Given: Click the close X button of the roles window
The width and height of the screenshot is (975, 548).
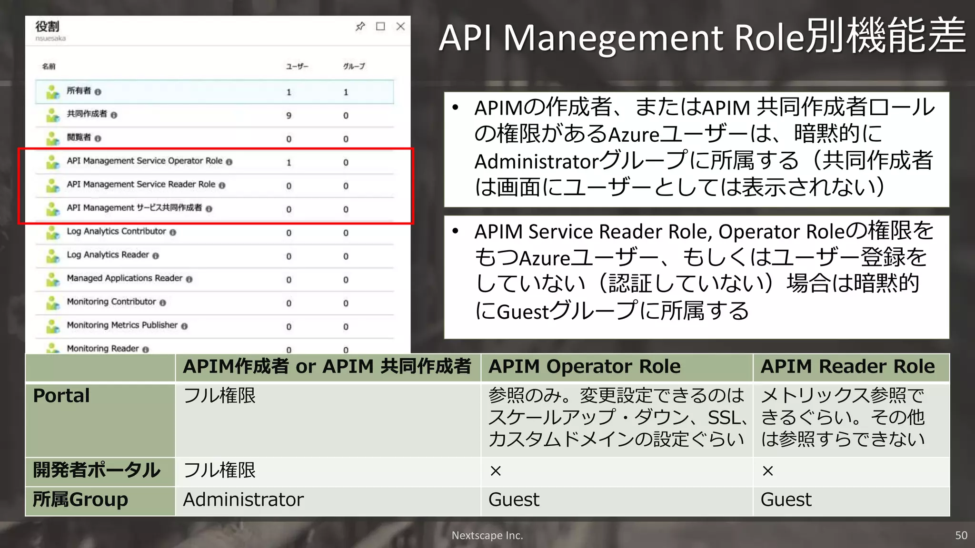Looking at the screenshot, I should [x=400, y=27].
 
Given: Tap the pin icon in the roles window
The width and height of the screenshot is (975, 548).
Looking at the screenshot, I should [x=360, y=27].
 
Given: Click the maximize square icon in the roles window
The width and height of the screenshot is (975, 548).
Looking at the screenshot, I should [x=380, y=27].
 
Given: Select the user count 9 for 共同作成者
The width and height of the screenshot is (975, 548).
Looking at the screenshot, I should [x=289, y=116].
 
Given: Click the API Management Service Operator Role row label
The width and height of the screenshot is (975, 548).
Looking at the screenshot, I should [x=144, y=161].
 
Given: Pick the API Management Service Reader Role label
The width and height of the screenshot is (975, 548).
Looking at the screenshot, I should [x=141, y=185].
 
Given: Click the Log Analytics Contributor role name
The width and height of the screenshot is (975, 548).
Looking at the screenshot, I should [x=116, y=232].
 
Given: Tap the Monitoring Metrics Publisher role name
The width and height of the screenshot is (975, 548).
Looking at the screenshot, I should [x=122, y=325].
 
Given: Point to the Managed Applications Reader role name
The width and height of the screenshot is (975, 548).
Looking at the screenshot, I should [x=124, y=278].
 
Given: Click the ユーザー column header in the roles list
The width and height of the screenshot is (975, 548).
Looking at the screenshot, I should [x=297, y=67].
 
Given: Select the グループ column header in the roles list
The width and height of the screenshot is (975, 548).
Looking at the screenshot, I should [x=354, y=67].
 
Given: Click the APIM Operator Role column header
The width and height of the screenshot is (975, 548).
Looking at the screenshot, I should [x=584, y=367].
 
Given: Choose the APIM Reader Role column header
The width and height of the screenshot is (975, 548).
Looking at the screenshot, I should [x=847, y=367].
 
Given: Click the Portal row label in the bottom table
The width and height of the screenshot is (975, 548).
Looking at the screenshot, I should [x=61, y=396].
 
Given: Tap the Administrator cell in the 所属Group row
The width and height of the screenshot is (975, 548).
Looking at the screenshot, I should [x=243, y=500].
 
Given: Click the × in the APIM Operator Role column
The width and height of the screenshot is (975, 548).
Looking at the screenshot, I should [x=496, y=471].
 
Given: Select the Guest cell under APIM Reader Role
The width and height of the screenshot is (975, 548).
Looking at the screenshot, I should [x=786, y=500].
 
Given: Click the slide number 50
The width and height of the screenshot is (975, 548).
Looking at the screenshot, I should [x=961, y=536].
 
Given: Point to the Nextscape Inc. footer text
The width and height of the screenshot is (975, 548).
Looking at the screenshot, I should [x=487, y=536].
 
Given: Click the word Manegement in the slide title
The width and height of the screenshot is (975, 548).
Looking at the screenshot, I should [x=615, y=38].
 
